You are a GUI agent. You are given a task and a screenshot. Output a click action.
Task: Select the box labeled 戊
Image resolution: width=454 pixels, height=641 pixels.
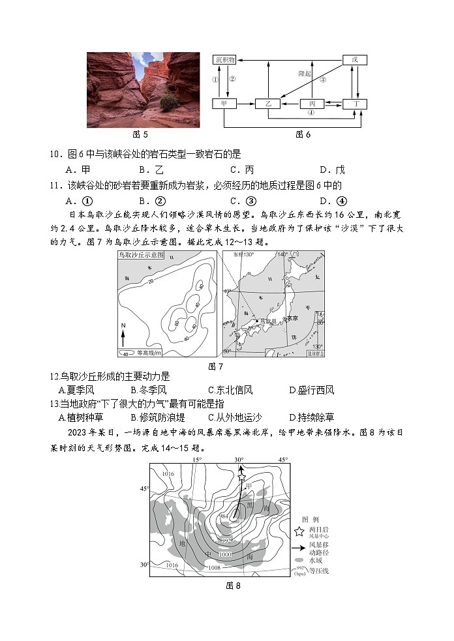click(355, 59)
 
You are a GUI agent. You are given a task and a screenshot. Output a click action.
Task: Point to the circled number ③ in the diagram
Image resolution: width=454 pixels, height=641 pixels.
click(322, 80)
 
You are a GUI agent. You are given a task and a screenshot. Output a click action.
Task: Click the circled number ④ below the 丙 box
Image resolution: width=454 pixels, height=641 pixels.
click(311, 112)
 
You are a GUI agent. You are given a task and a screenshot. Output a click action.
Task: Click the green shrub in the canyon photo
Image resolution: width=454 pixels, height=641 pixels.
click(168, 102)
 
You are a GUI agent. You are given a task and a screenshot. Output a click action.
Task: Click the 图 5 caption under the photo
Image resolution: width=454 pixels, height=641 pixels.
click(140, 134)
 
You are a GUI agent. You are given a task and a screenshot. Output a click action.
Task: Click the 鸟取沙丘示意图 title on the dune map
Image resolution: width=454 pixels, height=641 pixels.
click(141, 256)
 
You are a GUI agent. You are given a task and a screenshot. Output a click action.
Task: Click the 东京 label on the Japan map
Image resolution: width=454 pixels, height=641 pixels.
click(290, 318)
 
